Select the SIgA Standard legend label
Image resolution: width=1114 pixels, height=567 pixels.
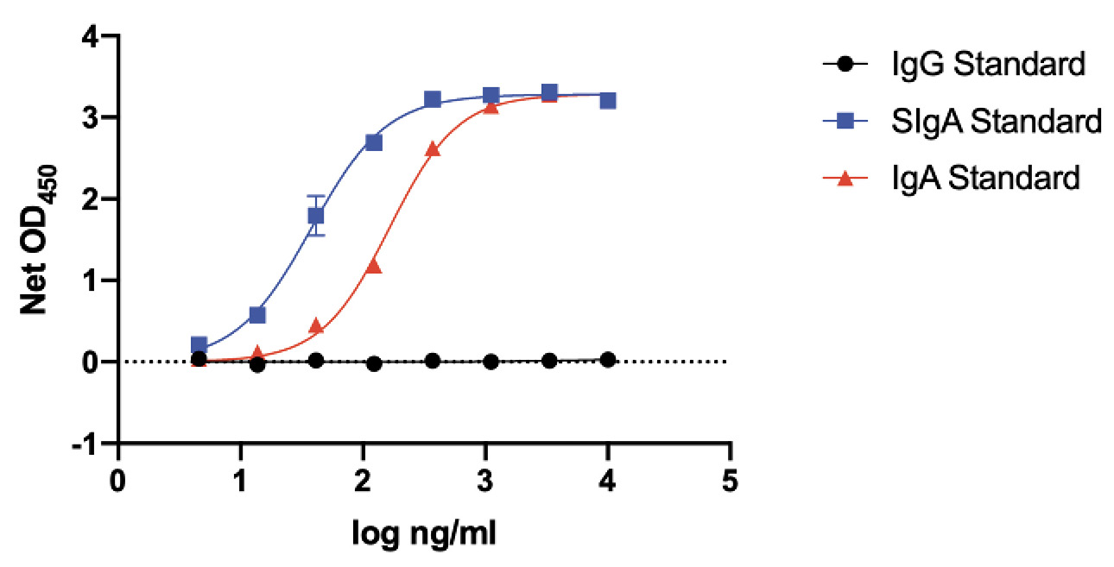pyautogui.click(x=997, y=121)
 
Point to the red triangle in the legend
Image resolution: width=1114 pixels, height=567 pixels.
pyautogui.click(x=846, y=178)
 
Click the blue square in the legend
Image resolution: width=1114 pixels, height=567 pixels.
pyautogui.click(x=846, y=121)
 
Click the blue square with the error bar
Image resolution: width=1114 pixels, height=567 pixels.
pyautogui.click(x=316, y=215)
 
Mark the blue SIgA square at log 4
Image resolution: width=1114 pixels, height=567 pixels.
pyautogui.click(x=608, y=100)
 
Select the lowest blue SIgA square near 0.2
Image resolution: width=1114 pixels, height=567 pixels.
pyautogui.click(x=199, y=345)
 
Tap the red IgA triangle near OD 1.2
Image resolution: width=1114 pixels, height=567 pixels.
pyautogui.click(x=374, y=266)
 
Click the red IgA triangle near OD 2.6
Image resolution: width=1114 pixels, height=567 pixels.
pyautogui.click(x=433, y=149)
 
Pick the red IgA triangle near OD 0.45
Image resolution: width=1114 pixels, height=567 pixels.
pyautogui.click(x=316, y=325)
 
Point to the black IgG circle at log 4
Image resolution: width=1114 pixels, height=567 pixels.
pyautogui.click(x=608, y=359)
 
